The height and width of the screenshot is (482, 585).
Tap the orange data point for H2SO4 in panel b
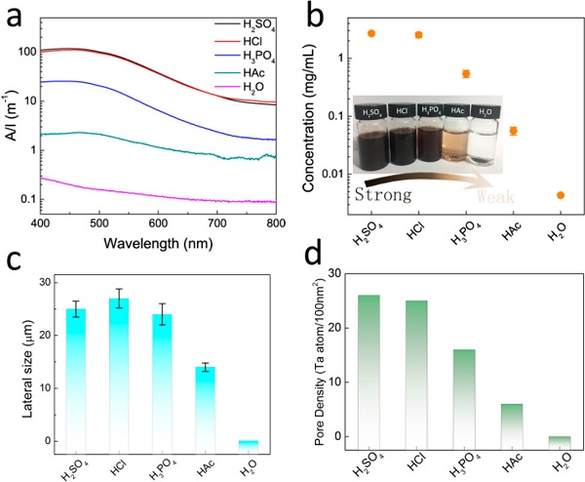point(371,33)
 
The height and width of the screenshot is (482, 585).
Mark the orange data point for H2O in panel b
point(561,195)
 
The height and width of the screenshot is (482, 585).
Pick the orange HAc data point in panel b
point(514,131)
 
